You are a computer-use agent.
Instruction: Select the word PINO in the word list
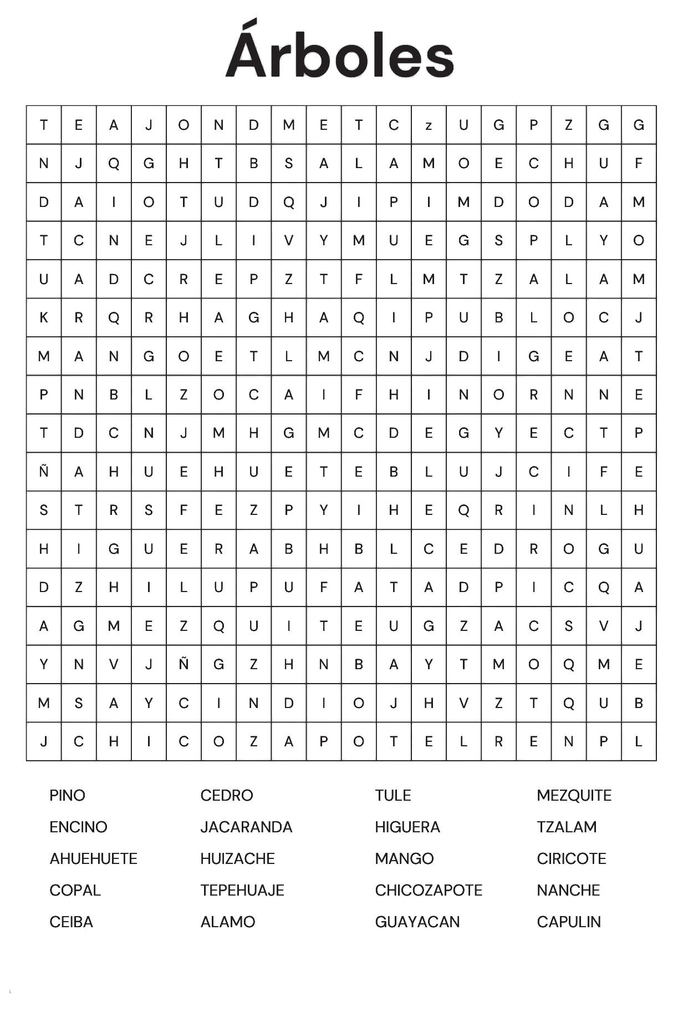tap(67, 795)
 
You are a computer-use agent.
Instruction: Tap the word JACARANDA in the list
tap(246, 827)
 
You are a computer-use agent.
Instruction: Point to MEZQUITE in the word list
tap(574, 795)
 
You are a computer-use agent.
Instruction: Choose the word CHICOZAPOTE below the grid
tap(429, 890)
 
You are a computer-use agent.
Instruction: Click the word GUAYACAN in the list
tap(417, 922)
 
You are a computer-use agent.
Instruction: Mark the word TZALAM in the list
tap(567, 827)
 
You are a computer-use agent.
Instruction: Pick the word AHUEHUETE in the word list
tap(93, 858)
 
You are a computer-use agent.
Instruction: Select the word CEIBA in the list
tap(71, 922)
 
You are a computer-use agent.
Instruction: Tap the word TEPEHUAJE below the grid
tap(242, 890)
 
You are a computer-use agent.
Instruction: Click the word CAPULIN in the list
tap(569, 922)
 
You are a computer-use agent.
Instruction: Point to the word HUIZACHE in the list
tap(237, 858)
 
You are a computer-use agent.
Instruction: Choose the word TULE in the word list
tap(393, 795)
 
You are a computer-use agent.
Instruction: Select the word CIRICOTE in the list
tap(572, 858)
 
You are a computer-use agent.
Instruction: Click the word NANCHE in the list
tap(568, 890)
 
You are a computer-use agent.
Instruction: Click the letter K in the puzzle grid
tap(44, 317)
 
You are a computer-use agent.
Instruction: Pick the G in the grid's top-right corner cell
tap(639, 125)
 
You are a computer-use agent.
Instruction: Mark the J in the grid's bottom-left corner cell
tap(44, 741)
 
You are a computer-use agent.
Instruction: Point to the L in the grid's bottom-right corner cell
tap(639, 741)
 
